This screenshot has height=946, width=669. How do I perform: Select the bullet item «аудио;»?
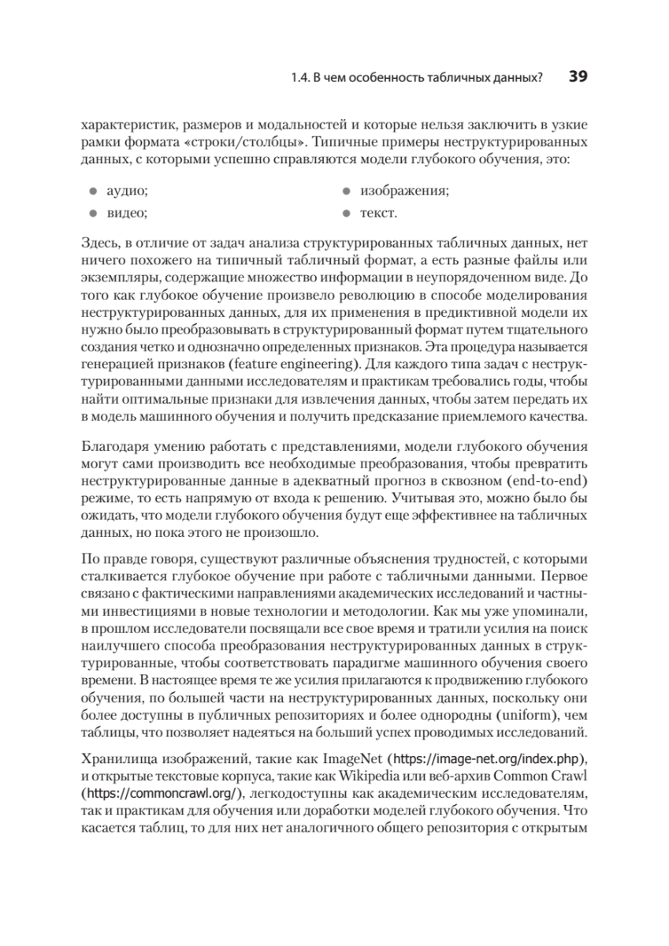click(x=128, y=192)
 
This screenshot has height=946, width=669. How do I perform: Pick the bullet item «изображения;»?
click(x=404, y=192)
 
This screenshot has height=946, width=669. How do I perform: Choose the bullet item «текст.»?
click(x=378, y=213)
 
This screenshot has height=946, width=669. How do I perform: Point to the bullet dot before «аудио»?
click(x=92, y=192)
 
